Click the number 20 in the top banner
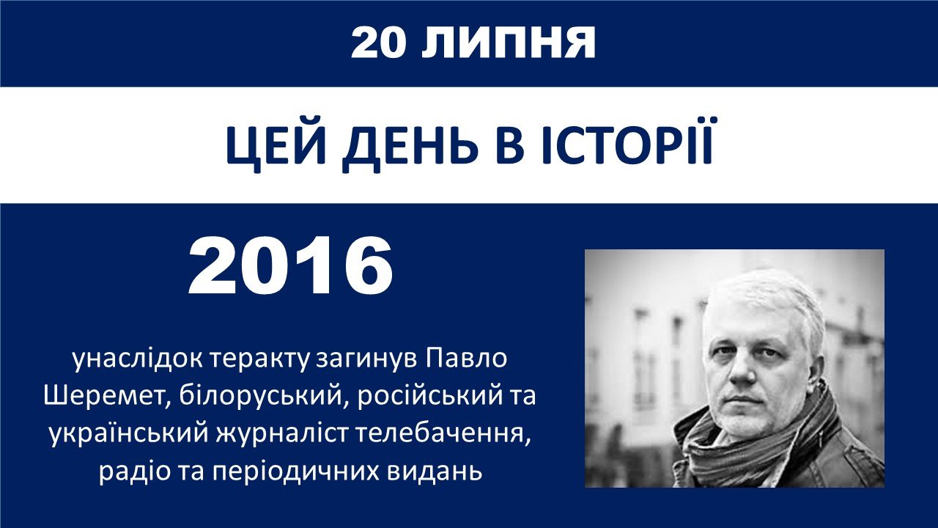[378, 43]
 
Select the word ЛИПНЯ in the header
[509, 43]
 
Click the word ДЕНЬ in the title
[410, 146]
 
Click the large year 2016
[291, 266]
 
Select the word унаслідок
[136, 359]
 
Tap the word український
[128, 435]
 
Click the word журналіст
[282, 435]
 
